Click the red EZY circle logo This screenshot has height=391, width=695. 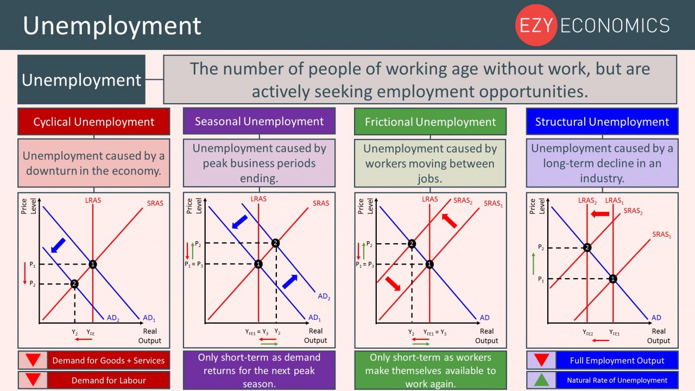click(x=536, y=25)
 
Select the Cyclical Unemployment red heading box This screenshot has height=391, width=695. click(x=94, y=122)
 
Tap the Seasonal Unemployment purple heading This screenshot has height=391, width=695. click(x=259, y=121)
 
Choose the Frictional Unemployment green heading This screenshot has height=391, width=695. click(x=430, y=122)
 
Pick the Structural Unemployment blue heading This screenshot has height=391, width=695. click(x=602, y=122)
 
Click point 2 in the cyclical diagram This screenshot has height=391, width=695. click(x=74, y=283)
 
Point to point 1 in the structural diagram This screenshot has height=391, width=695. click(x=613, y=279)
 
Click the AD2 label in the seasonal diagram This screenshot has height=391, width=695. click(x=324, y=297)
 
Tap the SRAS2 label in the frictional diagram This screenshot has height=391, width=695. click(x=463, y=201)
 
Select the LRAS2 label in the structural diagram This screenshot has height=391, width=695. click(x=587, y=201)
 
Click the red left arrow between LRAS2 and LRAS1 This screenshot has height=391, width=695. click(x=600, y=214)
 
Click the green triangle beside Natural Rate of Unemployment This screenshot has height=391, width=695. click(x=540, y=380)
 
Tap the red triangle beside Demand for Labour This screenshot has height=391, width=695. click(x=33, y=380)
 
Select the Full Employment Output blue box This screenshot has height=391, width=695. click(x=617, y=361)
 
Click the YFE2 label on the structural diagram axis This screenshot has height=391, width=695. click(x=588, y=332)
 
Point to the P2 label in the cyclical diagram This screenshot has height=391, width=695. click(x=33, y=284)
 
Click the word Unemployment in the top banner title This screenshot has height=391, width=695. click(x=112, y=26)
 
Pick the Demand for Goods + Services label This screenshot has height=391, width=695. click(x=108, y=361)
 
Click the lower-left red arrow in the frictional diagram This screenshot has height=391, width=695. click(x=392, y=282)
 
